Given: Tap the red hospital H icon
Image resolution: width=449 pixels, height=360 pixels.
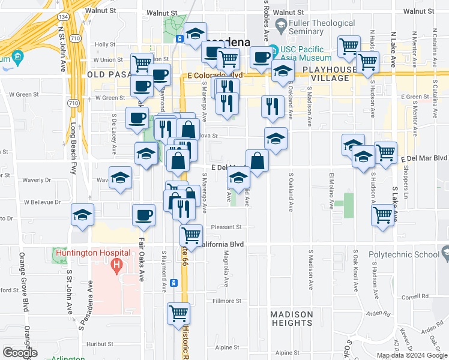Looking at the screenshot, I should coord(117,263).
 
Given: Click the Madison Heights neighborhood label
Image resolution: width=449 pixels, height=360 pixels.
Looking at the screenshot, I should coord(291,319).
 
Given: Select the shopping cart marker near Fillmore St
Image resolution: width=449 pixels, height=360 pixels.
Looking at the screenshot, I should coord(179,313).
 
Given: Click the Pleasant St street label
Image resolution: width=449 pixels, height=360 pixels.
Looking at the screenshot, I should coord(229,227).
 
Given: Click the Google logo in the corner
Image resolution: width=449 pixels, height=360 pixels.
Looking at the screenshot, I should coord(20,353).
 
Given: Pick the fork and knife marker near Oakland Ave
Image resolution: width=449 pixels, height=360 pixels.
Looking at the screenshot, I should coord(273,106).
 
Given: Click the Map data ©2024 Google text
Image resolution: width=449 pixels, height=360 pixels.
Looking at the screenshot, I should coord(412,355).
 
